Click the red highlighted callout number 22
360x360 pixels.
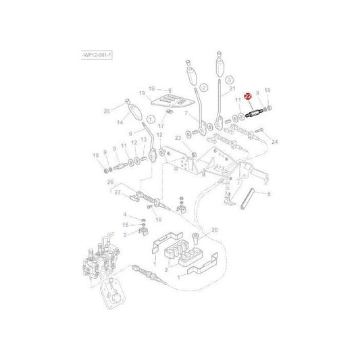coord(248,97)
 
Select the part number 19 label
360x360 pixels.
coord(142,93)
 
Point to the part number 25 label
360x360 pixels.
coord(107,111)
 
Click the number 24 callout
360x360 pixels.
coord(274,142)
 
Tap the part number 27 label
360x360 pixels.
coord(117,192)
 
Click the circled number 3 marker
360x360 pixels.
coord(229,79)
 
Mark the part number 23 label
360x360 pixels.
coord(178,138)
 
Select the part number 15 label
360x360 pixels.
coord(124,224)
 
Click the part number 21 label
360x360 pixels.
coord(232,89)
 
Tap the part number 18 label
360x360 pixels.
coord(151,88)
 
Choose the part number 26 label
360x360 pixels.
coord(110,182)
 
